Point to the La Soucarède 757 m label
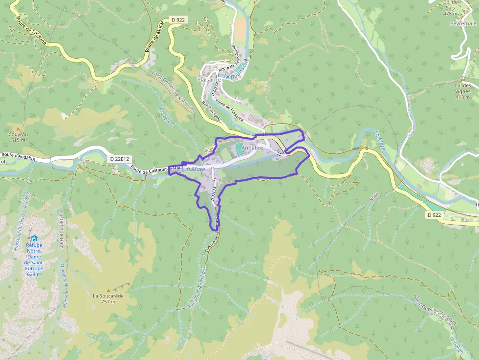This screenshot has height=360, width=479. [108, 298]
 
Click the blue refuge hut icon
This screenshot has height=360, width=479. [34, 238]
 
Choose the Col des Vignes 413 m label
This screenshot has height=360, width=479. [462, 91]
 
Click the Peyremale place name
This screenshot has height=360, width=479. [463, 23]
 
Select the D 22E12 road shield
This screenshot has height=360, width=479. [119, 159]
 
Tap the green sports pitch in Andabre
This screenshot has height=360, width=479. [239, 149]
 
